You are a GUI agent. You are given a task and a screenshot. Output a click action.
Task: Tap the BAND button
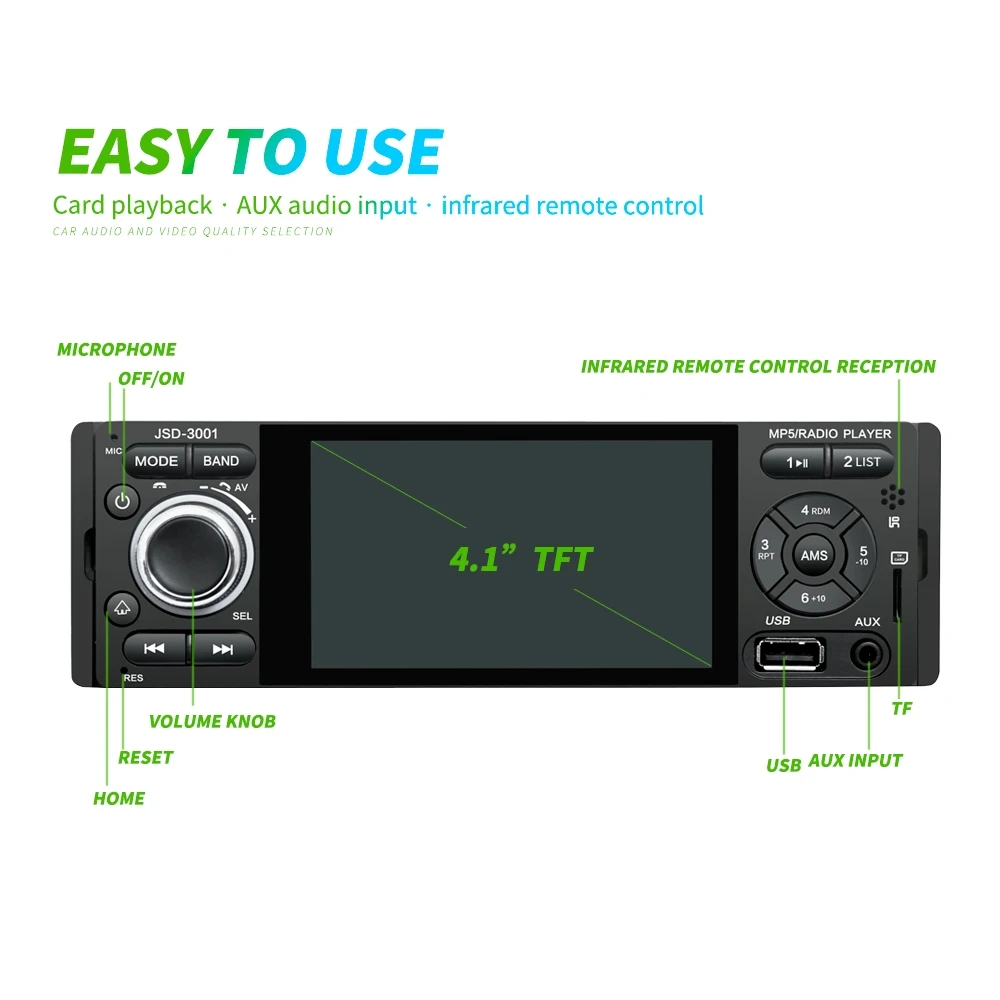[x=221, y=461]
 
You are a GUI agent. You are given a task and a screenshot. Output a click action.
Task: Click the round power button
[x=122, y=501]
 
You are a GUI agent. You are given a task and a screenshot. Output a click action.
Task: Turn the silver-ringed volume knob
[x=192, y=555]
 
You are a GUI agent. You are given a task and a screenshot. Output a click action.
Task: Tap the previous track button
[x=154, y=649]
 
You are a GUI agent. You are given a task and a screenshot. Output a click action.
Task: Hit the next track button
[x=223, y=649]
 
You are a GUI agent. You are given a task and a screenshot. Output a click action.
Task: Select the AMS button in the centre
[x=814, y=555]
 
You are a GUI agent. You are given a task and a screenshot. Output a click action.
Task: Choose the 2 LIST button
[x=862, y=462]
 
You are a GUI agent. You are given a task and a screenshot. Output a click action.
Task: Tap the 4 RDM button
[x=815, y=511]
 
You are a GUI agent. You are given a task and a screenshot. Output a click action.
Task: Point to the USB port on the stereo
[x=790, y=654]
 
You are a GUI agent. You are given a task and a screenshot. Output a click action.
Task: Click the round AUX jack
[x=868, y=655]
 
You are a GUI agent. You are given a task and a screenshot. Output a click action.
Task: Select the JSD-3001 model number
[x=186, y=434]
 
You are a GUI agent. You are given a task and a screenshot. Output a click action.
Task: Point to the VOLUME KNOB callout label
[x=212, y=721]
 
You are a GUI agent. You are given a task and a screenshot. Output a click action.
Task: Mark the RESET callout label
[x=145, y=758]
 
